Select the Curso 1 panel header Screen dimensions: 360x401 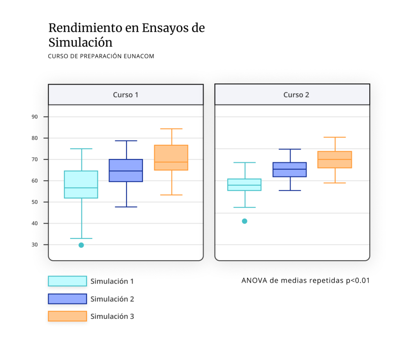(125, 94)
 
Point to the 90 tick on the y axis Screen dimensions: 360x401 (35, 117)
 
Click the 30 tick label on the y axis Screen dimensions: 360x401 (35, 244)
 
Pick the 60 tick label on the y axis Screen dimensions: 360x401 (35, 181)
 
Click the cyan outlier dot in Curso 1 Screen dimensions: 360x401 (81, 245)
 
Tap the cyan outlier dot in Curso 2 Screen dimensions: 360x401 (245, 221)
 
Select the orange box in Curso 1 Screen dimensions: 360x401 (171, 157)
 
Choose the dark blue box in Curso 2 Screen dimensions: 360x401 (290, 170)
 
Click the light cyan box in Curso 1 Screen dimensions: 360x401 (81, 184)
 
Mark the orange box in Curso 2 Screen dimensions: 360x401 (335, 159)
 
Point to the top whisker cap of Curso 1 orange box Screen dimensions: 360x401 (172, 129)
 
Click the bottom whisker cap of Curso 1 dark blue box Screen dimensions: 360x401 (126, 206)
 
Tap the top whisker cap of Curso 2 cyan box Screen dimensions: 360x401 (245, 163)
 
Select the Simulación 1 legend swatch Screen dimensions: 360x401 (67, 281)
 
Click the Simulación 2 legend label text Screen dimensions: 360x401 (112, 299)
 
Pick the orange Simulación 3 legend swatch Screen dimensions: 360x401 (67, 316)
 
